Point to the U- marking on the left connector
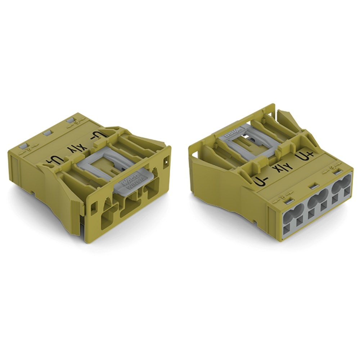pyautogui.click(x=98, y=136)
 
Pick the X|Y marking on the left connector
pyautogui.click(x=77, y=148)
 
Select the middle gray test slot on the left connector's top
pyautogui.click(x=46, y=133)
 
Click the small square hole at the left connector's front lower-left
pyautogui.click(x=94, y=208)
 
